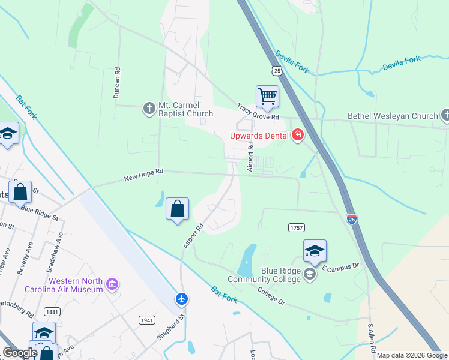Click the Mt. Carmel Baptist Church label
point(185,109)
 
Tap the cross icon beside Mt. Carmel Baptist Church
point(148,109)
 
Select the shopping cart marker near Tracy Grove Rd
point(267,97)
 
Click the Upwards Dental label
point(259,136)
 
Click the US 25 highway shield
point(276,71)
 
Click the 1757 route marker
point(296,228)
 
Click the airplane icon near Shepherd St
point(182,298)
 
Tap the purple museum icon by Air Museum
point(112,283)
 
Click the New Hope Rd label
point(143,175)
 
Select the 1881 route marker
point(52,311)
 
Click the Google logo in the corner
point(20,353)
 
